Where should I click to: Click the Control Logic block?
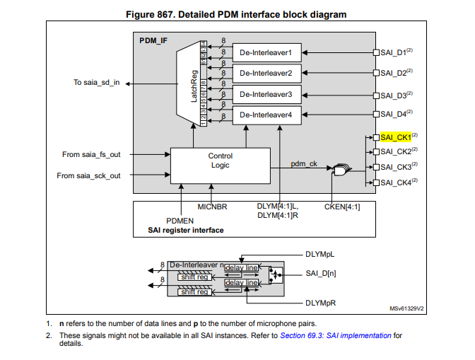pos(220,161)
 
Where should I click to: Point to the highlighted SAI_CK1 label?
pos(395,137)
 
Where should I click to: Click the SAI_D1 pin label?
pos(393,52)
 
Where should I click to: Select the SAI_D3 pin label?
pos(393,95)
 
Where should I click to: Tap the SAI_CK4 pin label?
pos(395,183)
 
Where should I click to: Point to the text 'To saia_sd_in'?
pos(96,83)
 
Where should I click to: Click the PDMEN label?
pos(180,220)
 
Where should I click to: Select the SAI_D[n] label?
pos(319,273)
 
